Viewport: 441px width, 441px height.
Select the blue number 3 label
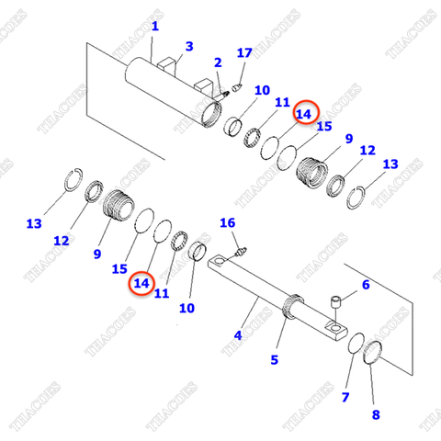[189, 46]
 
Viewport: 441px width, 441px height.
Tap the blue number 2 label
[218, 62]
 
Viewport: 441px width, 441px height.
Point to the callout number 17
[244, 53]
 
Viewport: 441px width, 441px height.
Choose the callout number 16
[227, 222]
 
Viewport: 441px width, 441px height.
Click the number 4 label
[237, 335]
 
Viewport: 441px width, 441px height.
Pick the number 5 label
[273, 360]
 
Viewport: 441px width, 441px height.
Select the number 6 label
[365, 285]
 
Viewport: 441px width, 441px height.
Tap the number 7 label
[345, 398]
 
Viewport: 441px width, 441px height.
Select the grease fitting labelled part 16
[241, 248]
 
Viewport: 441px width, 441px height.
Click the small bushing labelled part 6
[338, 302]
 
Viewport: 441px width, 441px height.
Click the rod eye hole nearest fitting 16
[220, 265]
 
